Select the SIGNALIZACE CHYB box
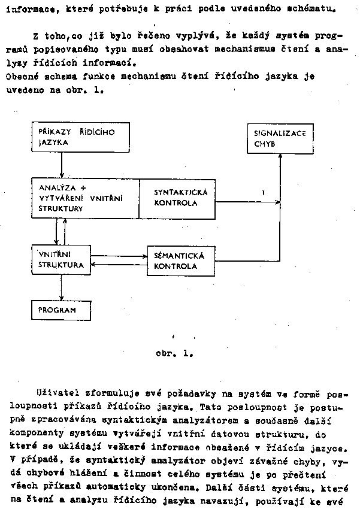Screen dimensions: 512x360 click(279, 139)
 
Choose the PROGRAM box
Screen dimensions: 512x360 click(61, 311)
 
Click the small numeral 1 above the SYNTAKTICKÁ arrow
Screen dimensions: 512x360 click(263, 192)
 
